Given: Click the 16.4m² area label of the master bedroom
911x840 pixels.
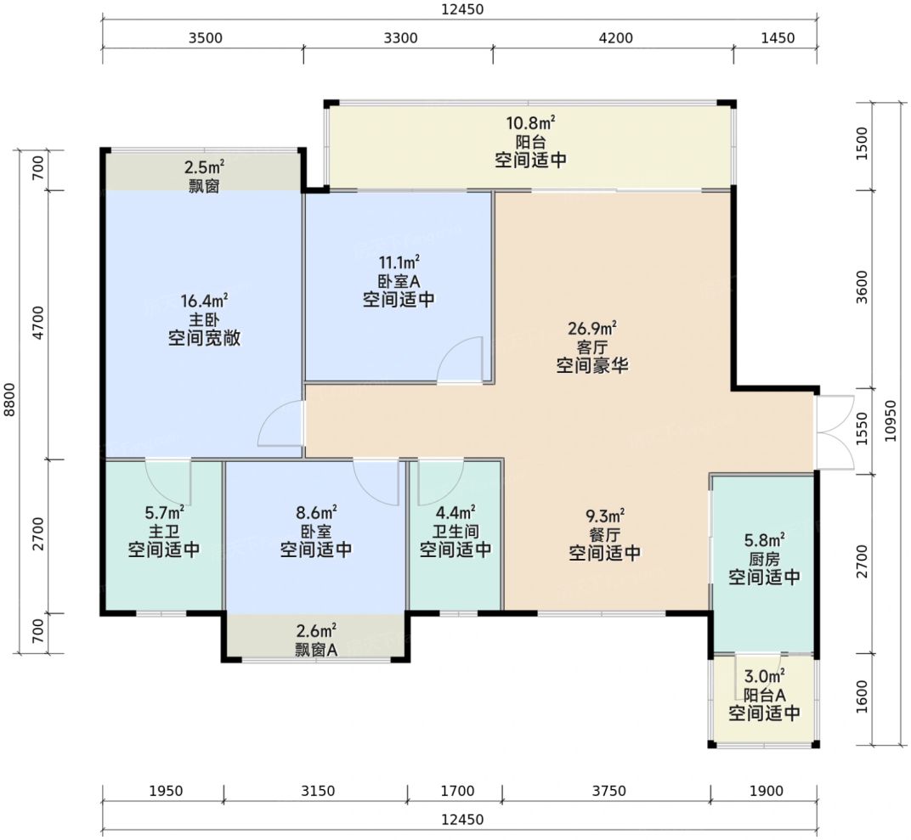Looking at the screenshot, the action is click(x=204, y=301).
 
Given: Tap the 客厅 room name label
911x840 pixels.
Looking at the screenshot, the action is click(x=592, y=347).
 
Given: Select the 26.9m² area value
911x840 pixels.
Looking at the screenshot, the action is click(x=592, y=329).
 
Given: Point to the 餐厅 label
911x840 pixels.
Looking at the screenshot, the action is click(x=605, y=534).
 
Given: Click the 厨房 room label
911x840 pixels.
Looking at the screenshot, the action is click(x=764, y=559).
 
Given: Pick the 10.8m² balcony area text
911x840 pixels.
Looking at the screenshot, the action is click(x=530, y=123).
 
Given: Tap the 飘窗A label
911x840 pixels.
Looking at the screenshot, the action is click(x=315, y=650).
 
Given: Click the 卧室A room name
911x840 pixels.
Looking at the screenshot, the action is click(x=399, y=281).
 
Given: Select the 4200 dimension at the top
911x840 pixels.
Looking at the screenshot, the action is click(x=616, y=38).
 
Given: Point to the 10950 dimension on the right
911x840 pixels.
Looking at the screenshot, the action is click(x=891, y=421).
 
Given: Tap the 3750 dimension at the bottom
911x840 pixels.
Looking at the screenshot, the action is click(x=608, y=791).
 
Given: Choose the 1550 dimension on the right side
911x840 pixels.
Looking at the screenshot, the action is click(x=863, y=428).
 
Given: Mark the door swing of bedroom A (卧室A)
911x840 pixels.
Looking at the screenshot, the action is click(x=460, y=359).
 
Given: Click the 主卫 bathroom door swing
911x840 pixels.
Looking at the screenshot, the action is click(x=168, y=482).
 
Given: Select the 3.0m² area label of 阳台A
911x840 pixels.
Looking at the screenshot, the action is click(x=764, y=676).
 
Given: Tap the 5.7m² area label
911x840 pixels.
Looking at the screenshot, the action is click(x=164, y=513).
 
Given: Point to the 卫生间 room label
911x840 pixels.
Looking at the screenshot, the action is click(x=455, y=531).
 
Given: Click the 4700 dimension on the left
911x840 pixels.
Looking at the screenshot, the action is click(x=38, y=324).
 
